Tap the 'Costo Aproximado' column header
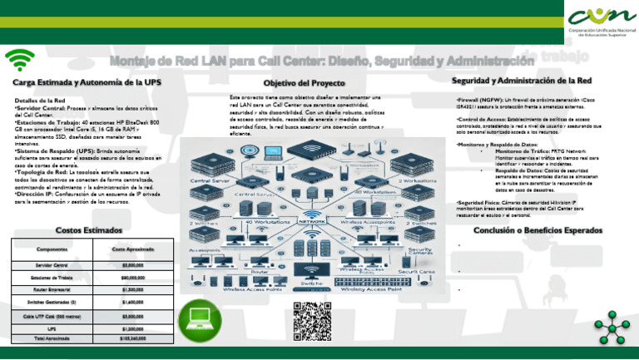coord(132,248)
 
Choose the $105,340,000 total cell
coord(132,339)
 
